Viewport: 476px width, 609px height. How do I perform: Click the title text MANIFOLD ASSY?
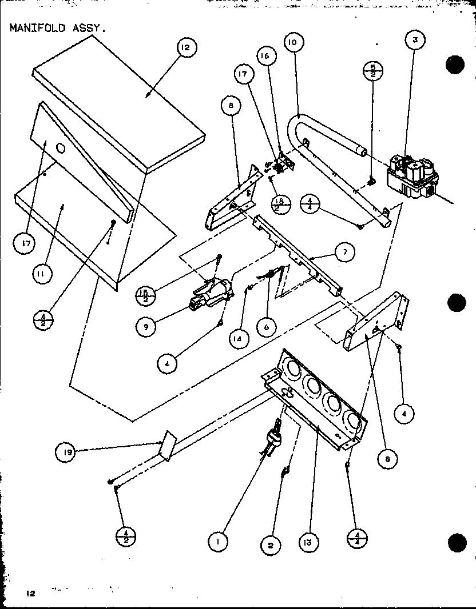click(x=58, y=28)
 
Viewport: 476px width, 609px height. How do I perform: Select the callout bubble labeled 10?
click(x=293, y=42)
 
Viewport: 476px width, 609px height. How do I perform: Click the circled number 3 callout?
click(x=414, y=41)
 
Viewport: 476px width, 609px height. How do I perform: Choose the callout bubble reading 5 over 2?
click(x=373, y=71)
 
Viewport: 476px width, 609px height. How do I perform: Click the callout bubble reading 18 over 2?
click(x=280, y=203)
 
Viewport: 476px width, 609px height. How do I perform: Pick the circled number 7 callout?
click(x=345, y=253)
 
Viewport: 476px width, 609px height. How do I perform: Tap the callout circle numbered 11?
click(x=41, y=274)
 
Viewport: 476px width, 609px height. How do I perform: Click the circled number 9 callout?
click(x=146, y=326)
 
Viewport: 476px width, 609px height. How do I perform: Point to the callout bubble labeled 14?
click(x=237, y=338)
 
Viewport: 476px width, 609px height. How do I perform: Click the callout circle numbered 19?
click(x=66, y=454)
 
